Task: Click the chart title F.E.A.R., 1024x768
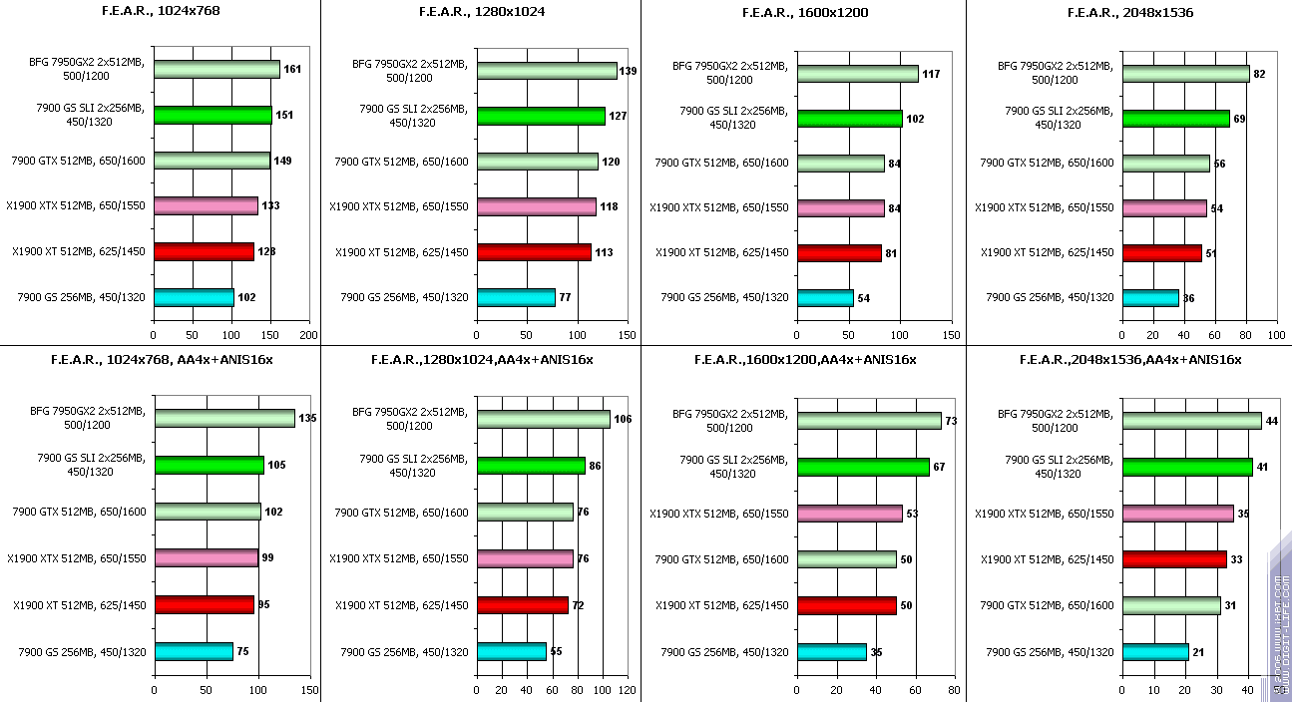(x=160, y=12)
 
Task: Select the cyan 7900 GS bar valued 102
(x=194, y=297)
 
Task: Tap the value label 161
(x=291, y=70)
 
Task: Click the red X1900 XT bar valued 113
(x=534, y=252)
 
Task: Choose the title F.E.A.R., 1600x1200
(x=805, y=13)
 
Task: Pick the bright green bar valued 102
(x=849, y=119)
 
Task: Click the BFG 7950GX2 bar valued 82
(x=1185, y=74)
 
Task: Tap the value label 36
(x=1188, y=298)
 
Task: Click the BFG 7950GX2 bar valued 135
(x=224, y=418)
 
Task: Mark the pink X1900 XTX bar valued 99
(x=206, y=557)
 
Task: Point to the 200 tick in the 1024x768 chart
(x=309, y=336)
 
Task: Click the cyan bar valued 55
(x=512, y=651)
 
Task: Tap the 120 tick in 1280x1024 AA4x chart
(x=628, y=690)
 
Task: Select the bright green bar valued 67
(x=862, y=467)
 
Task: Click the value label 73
(x=951, y=422)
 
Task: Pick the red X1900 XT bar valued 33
(x=1174, y=559)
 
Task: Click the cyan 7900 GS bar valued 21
(x=1155, y=651)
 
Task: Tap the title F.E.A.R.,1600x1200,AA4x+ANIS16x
(x=805, y=359)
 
